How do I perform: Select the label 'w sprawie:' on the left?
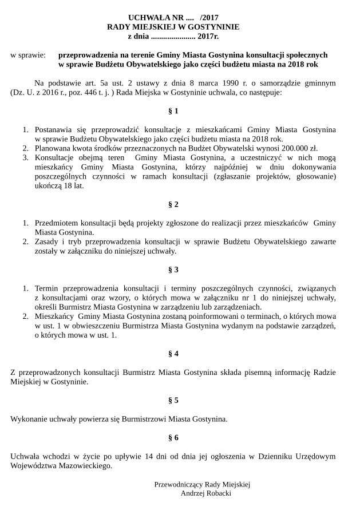(x=28, y=56)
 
